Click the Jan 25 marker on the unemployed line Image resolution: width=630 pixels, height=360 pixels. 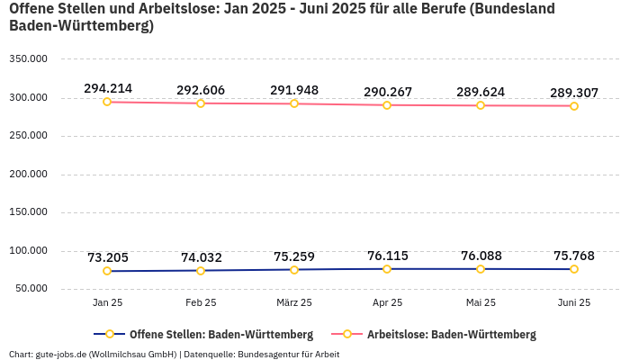(107, 102)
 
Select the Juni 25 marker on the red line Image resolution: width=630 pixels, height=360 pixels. (574, 106)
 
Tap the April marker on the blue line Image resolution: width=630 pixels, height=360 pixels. (387, 269)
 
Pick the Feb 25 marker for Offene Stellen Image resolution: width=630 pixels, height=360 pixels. (201, 271)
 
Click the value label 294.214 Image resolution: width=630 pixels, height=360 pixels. (108, 88)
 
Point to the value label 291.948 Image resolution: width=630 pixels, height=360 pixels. (294, 90)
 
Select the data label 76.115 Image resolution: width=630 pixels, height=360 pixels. (388, 256)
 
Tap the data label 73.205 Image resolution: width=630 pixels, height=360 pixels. (108, 257)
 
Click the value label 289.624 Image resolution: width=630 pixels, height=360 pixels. (481, 92)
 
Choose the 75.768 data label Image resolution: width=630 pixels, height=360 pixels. (574, 256)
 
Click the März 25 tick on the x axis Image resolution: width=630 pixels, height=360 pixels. (294, 302)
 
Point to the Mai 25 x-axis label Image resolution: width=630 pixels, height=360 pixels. (481, 302)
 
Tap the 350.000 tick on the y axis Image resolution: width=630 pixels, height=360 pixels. (28, 59)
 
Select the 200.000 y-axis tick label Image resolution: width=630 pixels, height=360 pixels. (28, 175)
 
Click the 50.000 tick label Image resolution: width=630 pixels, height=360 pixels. (31, 289)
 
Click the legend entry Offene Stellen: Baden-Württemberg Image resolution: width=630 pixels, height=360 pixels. (220, 334)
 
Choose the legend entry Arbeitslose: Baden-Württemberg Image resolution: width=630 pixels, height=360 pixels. (451, 334)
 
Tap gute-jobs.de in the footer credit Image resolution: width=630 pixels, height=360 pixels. (60, 354)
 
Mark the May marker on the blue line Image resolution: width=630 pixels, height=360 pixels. (481, 269)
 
